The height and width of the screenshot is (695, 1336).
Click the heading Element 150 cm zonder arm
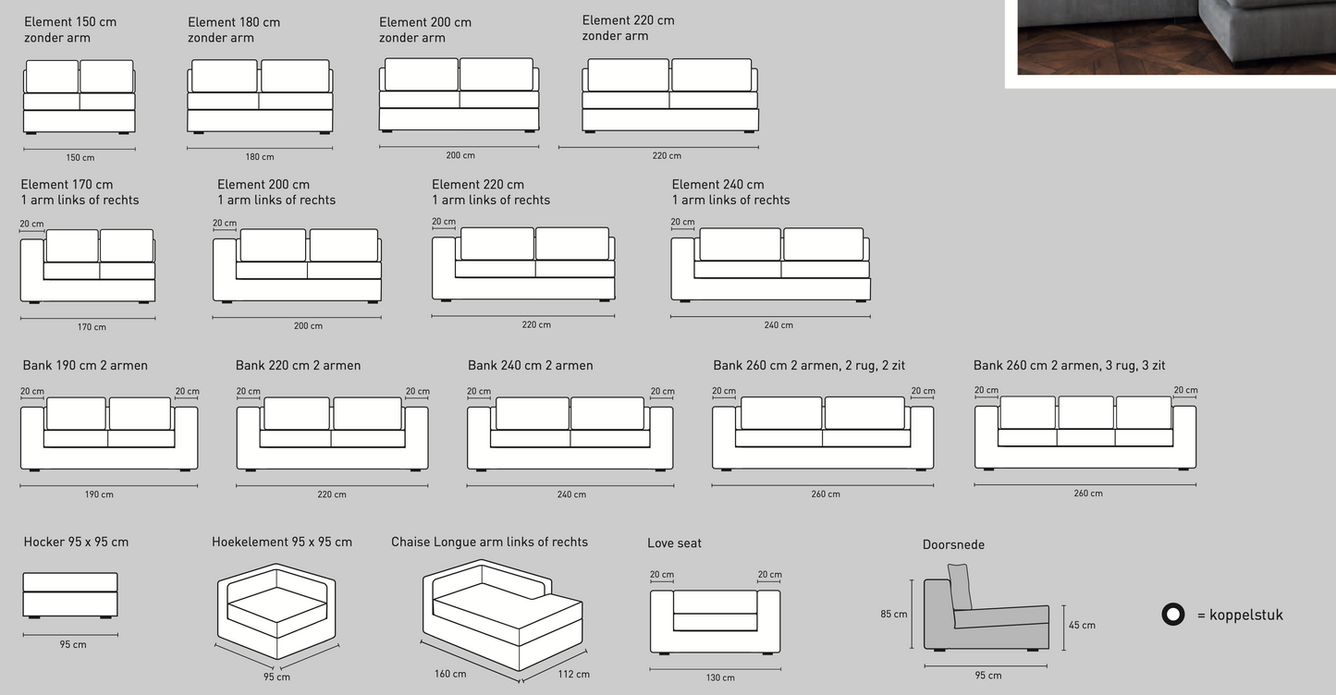[x=70, y=30]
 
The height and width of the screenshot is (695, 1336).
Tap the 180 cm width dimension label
[x=260, y=157]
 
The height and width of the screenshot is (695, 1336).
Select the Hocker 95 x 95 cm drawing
[x=70, y=595]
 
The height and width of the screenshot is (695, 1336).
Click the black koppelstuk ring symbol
[x=1172, y=615]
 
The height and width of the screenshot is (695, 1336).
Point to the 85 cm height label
[x=893, y=614]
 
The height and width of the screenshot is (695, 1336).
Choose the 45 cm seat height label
[x=1082, y=626]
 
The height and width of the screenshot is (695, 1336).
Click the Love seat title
[x=674, y=543]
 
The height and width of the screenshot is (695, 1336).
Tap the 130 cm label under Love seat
[x=720, y=677]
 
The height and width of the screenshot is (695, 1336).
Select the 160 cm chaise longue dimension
[x=450, y=674]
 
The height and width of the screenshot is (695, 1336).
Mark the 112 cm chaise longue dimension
[x=574, y=674]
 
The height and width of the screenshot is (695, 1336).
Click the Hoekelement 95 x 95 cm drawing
[x=276, y=611]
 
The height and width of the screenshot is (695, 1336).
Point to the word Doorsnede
[x=953, y=544]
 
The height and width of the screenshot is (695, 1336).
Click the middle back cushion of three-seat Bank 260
[x=1085, y=412]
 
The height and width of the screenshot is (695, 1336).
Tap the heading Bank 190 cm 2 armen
[x=85, y=365]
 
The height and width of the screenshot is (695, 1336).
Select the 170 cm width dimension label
[x=92, y=326]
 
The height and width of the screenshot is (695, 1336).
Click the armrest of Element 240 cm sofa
[x=682, y=268]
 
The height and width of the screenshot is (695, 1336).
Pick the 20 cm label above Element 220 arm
[x=444, y=222]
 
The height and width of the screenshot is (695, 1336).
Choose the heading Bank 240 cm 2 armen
[x=530, y=365]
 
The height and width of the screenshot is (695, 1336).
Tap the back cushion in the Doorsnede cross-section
[x=960, y=587]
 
